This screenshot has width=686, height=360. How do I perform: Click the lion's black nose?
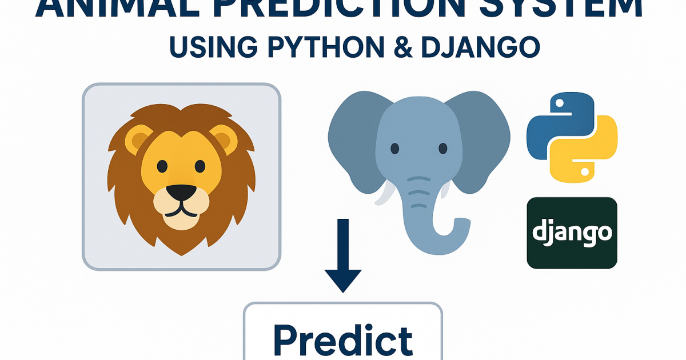pyautogui.click(x=181, y=194)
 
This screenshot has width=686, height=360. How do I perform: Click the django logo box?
pyautogui.click(x=572, y=233)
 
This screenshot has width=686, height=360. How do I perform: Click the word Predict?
pyautogui.click(x=343, y=340)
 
